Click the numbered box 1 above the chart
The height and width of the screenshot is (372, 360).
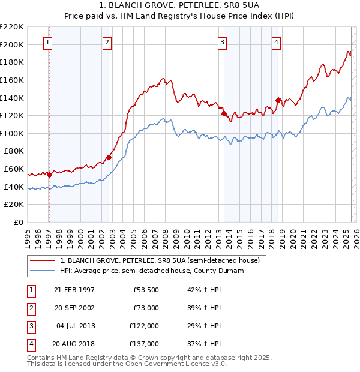coord(47,42)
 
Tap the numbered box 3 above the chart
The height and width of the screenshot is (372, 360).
coord(222,42)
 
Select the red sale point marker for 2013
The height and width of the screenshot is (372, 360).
coord(223,113)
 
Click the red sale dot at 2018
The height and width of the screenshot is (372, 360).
coord(278,100)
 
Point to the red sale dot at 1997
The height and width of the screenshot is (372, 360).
coord(49,175)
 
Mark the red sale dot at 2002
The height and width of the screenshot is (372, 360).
coord(109,157)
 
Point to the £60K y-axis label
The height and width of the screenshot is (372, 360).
coord(14,169)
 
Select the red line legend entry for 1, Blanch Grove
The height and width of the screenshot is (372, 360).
coord(160,261)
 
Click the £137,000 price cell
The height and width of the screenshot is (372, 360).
coord(145,344)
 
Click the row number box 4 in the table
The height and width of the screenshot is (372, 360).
coord(30,344)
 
